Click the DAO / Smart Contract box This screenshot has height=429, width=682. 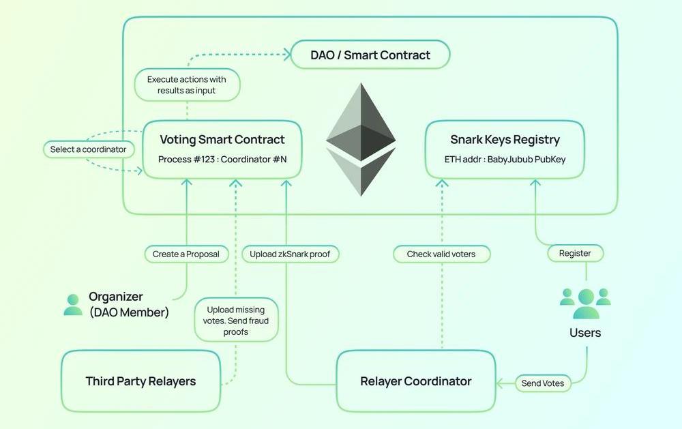[x=370, y=55]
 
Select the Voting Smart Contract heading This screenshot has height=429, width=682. [x=222, y=140]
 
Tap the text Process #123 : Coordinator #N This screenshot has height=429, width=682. [x=222, y=160]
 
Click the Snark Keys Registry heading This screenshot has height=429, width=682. [x=505, y=140]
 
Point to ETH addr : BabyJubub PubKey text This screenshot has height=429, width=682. [x=505, y=160]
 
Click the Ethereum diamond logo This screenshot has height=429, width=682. [x=361, y=140]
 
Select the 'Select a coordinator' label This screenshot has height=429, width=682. [x=88, y=149]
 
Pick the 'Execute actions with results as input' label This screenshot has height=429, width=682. [x=186, y=85]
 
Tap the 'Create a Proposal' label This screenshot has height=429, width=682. [x=186, y=254]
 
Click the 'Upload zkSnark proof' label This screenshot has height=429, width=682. [x=290, y=254]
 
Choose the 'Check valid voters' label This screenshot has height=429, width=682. [x=441, y=254]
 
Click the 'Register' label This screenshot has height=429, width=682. [x=575, y=253]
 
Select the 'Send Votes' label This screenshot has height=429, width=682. [x=542, y=383]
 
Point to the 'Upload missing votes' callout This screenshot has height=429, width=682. [x=236, y=321]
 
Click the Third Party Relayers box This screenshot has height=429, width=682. [x=140, y=381]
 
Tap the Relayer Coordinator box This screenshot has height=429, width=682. [x=415, y=381]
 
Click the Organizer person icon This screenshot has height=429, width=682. [x=73, y=304]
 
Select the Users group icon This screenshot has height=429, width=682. [x=585, y=303]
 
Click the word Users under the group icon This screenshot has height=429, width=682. [x=585, y=333]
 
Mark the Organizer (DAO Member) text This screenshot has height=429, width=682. [x=128, y=305]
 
